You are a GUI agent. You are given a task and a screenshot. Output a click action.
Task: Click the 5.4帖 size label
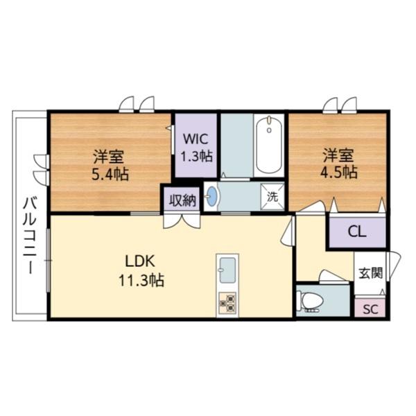[x=110, y=173]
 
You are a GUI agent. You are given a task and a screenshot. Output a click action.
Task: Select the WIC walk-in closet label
[x=196, y=137]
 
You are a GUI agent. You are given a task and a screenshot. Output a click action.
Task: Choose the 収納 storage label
[x=182, y=200]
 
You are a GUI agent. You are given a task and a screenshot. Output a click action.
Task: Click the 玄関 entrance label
[x=370, y=272]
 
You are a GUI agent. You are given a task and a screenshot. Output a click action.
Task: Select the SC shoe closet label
[x=371, y=309]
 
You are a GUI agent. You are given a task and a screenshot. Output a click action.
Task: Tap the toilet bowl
[x=310, y=300]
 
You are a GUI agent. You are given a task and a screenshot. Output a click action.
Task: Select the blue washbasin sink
[x=212, y=197]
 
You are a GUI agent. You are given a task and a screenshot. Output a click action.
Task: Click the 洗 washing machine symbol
[x=273, y=196]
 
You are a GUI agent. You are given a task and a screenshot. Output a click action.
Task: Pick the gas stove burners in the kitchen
[x=227, y=303]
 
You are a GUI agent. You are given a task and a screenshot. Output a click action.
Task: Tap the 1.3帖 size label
[x=196, y=156]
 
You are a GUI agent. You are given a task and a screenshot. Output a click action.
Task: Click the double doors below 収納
[x=182, y=221]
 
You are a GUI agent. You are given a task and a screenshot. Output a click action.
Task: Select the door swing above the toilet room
[x=331, y=277]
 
